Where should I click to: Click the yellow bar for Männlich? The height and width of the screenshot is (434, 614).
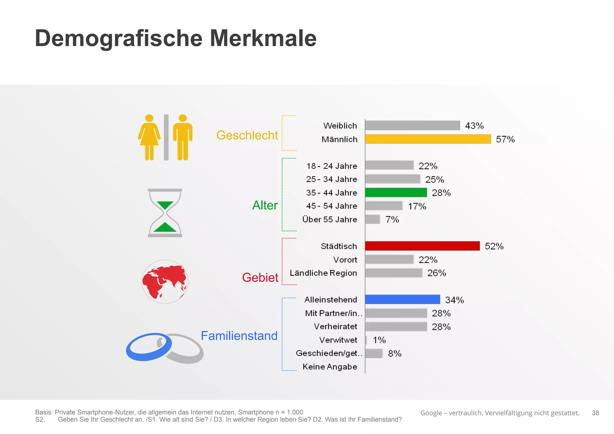(x=428, y=139)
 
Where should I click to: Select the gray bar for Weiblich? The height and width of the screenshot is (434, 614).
(x=412, y=125)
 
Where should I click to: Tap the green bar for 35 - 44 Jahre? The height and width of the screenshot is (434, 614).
(x=396, y=193)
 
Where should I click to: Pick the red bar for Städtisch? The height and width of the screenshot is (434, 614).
(x=422, y=246)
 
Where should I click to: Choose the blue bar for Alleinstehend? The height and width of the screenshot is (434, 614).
(x=402, y=299)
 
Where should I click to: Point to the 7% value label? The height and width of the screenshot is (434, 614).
(x=392, y=220)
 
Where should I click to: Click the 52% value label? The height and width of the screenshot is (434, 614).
(x=494, y=246)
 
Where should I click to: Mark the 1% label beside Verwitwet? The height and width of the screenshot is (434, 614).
(x=379, y=340)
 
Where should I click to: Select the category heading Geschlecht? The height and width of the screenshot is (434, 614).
(x=247, y=135)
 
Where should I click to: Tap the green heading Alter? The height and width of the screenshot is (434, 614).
(x=265, y=205)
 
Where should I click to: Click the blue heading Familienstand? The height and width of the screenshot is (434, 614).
(x=239, y=336)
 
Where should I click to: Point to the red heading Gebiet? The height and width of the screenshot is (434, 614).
(x=260, y=277)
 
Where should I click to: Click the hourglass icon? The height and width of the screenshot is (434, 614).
(x=165, y=213)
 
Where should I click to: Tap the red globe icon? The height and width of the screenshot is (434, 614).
(x=165, y=281)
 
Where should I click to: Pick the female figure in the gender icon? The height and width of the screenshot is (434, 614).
(x=149, y=137)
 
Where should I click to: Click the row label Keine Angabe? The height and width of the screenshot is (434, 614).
(x=330, y=367)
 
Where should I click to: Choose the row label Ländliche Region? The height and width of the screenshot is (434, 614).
(x=323, y=273)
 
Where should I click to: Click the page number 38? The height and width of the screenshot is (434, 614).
(x=595, y=413)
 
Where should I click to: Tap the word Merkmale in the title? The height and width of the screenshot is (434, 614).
(x=263, y=38)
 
